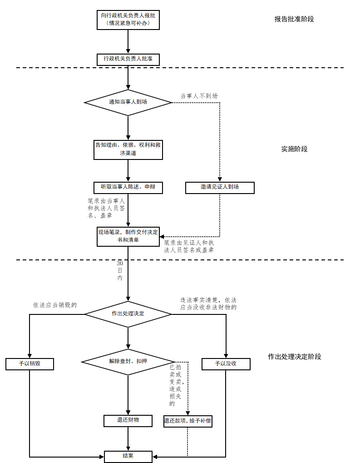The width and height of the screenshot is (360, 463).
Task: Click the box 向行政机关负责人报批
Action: tap(128, 20)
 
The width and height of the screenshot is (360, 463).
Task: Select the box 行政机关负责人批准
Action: tap(128, 59)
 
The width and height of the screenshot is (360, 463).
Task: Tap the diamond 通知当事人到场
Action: tap(128, 102)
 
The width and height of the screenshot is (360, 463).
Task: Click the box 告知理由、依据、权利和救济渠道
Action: tap(128, 149)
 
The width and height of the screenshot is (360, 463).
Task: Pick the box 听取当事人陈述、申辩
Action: tap(128, 187)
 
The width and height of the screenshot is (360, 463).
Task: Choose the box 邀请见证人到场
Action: tap(220, 187)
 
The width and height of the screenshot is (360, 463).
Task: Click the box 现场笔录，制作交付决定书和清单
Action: tap(128, 236)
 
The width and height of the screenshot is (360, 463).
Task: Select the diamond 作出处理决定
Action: tap(128, 314)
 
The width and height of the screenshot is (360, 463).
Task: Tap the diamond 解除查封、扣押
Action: tap(128, 362)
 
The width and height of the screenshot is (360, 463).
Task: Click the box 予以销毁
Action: tap(30, 364)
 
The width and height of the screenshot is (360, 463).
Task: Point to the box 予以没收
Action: tap(226, 364)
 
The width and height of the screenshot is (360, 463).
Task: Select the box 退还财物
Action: tap(128, 421)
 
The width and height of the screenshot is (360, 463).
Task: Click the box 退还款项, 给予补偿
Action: tap(187, 421)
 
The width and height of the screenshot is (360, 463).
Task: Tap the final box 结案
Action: tap(128, 456)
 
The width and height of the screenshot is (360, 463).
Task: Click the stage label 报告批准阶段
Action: tap(294, 19)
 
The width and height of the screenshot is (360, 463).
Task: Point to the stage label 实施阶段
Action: tap(294, 149)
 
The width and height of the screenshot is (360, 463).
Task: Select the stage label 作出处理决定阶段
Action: tap(294, 357)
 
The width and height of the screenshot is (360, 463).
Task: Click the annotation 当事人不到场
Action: tap(199, 96)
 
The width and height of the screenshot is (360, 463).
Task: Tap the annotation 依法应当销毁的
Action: tap(55, 305)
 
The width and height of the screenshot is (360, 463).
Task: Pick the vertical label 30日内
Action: tap(120, 270)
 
